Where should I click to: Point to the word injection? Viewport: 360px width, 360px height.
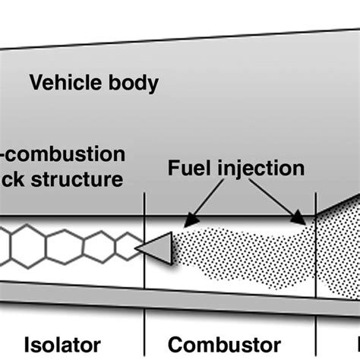click(261, 168)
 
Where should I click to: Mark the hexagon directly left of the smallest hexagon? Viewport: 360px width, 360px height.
click(98, 245)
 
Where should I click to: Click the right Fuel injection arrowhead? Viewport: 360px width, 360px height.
click(304, 219)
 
